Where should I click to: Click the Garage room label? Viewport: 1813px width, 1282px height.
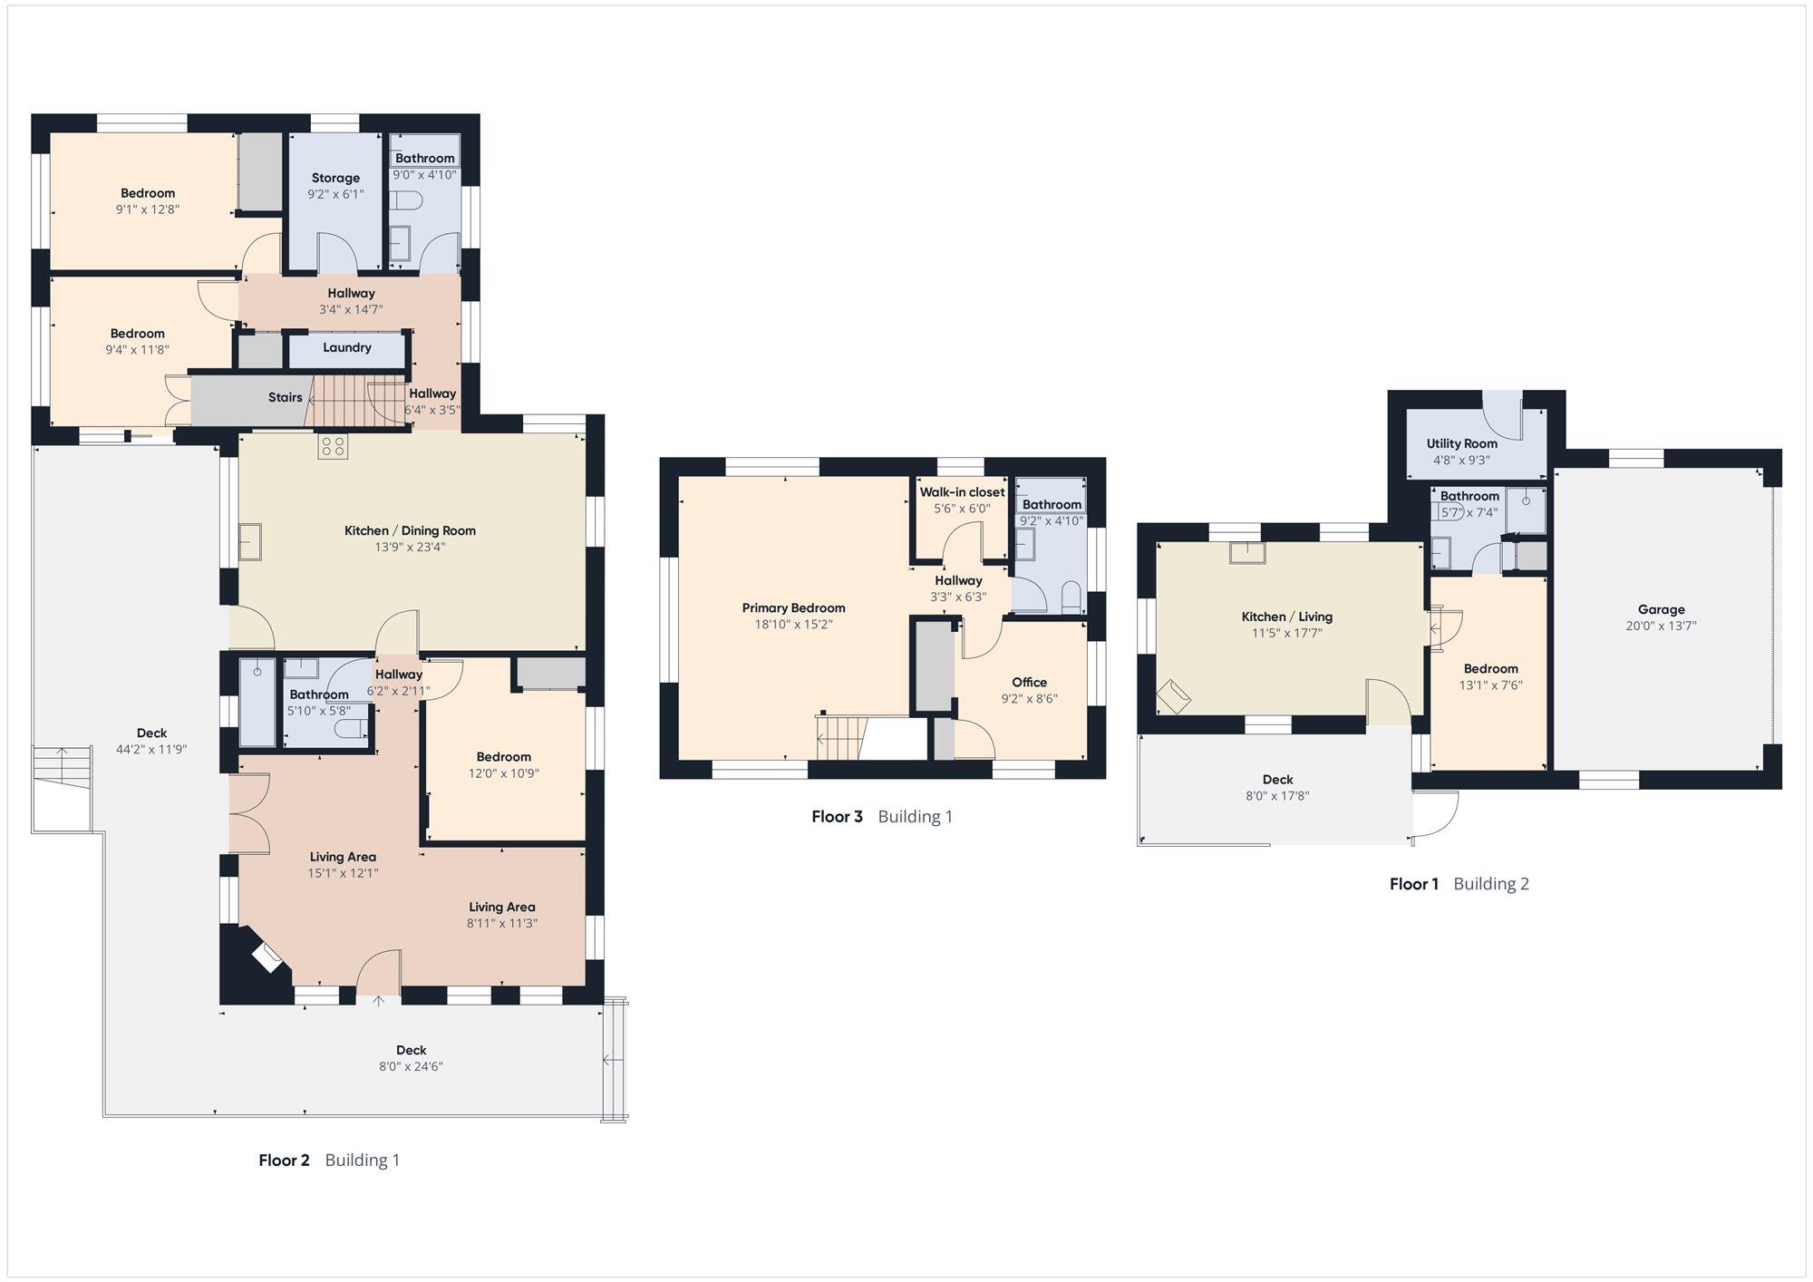point(1661,609)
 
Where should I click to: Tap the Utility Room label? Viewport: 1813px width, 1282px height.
point(1461,443)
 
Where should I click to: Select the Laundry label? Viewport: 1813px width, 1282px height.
point(346,347)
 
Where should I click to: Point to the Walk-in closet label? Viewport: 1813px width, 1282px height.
point(962,492)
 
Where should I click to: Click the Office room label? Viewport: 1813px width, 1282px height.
point(1029,682)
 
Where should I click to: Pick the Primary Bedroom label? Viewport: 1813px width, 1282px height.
point(793,608)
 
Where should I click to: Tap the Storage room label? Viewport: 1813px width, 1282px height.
point(335,178)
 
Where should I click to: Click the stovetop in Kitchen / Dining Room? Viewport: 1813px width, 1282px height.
point(333,446)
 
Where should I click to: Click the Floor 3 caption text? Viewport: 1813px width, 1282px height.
point(837,816)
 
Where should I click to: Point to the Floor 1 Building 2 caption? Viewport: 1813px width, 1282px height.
point(1459,884)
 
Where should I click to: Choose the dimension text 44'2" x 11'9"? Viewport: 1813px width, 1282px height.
point(152,749)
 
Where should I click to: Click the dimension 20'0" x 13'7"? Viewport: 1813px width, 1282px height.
point(1661,626)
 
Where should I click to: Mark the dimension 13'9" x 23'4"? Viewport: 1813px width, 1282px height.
point(410,547)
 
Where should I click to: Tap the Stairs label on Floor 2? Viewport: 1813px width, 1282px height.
point(285,397)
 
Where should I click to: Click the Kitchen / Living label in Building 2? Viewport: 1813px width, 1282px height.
point(1286,617)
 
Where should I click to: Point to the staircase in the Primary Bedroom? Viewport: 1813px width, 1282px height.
point(838,738)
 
